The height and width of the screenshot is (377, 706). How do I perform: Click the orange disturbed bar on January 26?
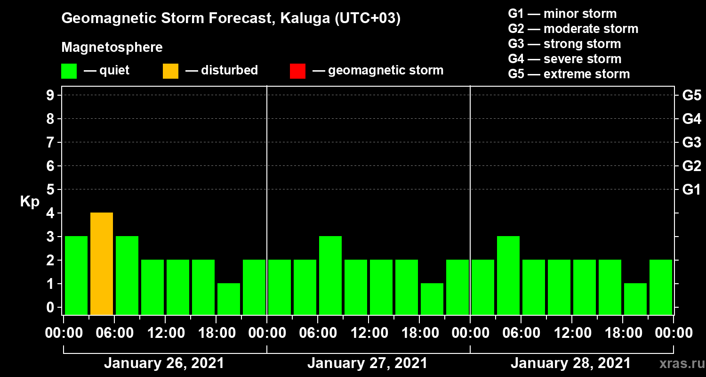pos(102,264)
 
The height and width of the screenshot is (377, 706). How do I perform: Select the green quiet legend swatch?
pos(69,71)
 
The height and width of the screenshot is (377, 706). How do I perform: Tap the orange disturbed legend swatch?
pos(170,71)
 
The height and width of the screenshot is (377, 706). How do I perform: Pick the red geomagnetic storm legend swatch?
pos(297,71)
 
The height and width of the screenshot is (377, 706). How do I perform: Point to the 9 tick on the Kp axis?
pos(50,95)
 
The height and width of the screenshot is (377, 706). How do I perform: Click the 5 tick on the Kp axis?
pos(50,189)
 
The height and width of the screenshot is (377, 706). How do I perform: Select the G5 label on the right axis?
pos(692,95)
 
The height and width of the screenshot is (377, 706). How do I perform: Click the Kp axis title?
pos(30,202)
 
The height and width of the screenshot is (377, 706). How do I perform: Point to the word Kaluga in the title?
pos(305,18)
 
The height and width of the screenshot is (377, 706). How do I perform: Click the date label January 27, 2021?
pos(367,363)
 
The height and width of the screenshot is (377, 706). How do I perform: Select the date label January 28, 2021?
pos(570,363)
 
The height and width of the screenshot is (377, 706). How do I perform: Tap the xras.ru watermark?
pos(682,364)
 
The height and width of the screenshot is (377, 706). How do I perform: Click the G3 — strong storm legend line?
pos(564,44)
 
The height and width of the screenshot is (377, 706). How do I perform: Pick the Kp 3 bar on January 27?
pos(330,275)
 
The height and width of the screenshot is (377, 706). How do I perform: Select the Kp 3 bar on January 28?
pos(508,275)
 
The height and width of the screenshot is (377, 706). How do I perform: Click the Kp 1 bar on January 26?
pos(229,299)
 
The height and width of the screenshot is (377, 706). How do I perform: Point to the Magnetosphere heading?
pos(112,47)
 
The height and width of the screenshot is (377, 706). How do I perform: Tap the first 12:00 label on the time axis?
pos(166,333)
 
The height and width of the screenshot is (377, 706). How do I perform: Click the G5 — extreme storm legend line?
pos(569,74)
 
